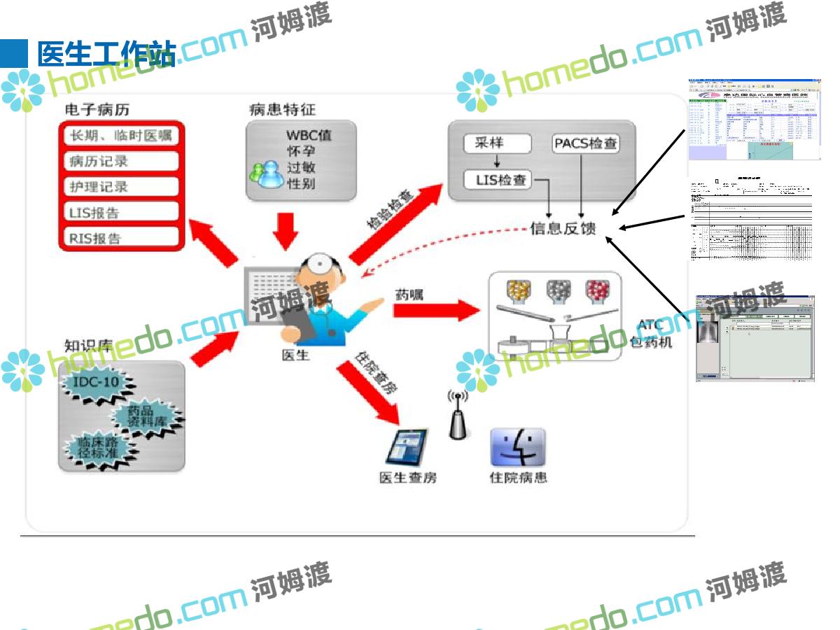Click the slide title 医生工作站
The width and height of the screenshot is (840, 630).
[x=105, y=55]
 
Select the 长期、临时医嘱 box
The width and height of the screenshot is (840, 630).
[x=120, y=135]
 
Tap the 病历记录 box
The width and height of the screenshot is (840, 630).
[x=120, y=161]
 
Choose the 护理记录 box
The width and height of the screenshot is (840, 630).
[x=120, y=187]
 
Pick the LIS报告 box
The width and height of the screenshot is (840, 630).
[x=120, y=212]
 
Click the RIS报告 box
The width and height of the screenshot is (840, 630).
[x=120, y=238]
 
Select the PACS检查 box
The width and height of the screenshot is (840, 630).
[x=586, y=144]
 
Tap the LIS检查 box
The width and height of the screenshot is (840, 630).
[x=498, y=180]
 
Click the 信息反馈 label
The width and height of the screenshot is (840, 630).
[x=563, y=227]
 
